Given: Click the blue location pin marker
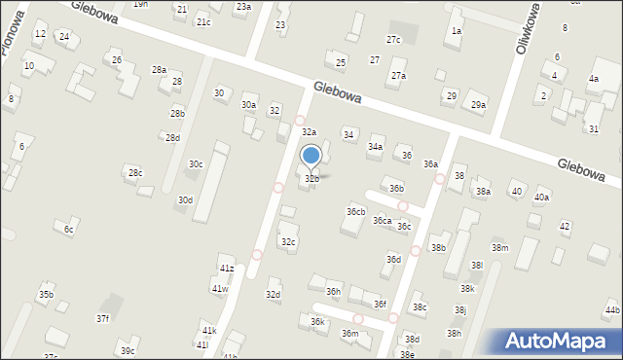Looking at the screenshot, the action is (x=311, y=156).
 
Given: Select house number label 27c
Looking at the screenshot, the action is (x=393, y=40).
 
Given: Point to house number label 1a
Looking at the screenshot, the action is (x=456, y=31).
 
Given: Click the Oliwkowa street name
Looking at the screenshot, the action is (x=530, y=35).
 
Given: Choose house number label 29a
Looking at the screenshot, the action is (x=478, y=105).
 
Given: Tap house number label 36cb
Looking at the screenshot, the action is (x=355, y=211).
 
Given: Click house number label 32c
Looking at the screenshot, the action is (x=288, y=241).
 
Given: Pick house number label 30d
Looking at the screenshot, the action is (x=184, y=200).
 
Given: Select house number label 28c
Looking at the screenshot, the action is (x=135, y=173).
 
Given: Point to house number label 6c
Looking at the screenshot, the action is (x=69, y=230).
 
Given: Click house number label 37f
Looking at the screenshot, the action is (x=102, y=318).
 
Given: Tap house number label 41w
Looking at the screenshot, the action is (x=220, y=289).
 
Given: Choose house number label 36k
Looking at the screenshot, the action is (x=317, y=321).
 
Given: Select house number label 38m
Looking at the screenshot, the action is (x=499, y=248).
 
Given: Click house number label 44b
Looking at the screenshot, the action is (x=611, y=310).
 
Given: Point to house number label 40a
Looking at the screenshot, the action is (x=541, y=198).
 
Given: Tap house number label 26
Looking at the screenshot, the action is (x=117, y=60).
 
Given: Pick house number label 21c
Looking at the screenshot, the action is (x=202, y=21).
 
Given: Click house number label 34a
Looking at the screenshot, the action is (x=375, y=147).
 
